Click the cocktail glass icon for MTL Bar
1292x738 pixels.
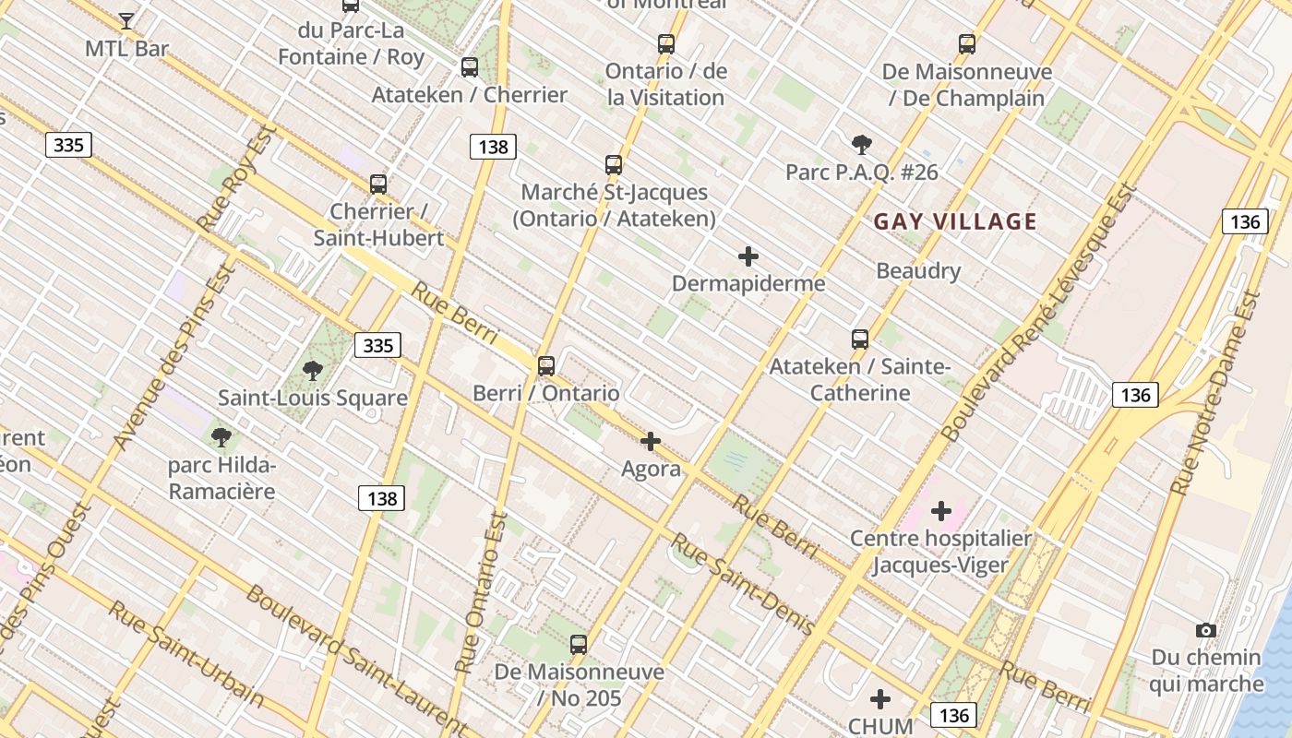click(x=126, y=20)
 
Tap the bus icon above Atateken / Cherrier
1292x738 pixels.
click(x=470, y=67)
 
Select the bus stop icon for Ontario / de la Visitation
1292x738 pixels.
click(x=666, y=43)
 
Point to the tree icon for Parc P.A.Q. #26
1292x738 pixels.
click(x=862, y=144)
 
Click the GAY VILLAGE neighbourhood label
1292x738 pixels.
click(x=955, y=221)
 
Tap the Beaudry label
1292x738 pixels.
click(x=918, y=271)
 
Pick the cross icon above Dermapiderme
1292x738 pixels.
click(x=748, y=256)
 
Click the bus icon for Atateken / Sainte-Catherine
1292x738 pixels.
click(x=860, y=339)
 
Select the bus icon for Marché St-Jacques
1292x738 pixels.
click(x=614, y=165)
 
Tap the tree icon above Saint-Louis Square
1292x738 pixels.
click(x=313, y=371)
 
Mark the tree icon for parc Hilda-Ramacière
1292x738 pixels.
click(x=221, y=437)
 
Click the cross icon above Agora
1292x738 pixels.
click(x=651, y=442)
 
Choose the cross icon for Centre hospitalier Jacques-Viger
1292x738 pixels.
click(x=941, y=511)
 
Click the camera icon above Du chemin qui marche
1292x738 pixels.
click(x=1205, y=631)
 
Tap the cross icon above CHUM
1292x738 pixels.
click(x=880, y=699)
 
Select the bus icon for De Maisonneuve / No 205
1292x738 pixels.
click(x=579, y=645)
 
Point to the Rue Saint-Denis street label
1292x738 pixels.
click(x=743, y=584)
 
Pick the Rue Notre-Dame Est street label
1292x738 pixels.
click(x=1216, y=392)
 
